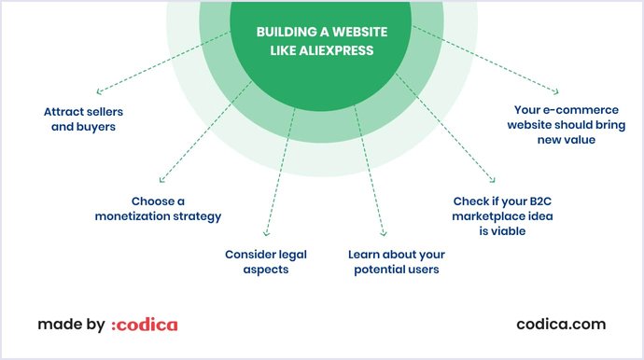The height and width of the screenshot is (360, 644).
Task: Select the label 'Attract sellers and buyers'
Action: (x=83, y=118)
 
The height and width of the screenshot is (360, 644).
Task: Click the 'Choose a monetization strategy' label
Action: (x=158, y=208)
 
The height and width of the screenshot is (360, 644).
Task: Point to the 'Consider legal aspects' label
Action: (x=266, y=261)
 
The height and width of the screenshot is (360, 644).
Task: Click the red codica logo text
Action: (x=147, y=325)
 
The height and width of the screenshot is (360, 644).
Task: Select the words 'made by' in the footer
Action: (x=71, y=325)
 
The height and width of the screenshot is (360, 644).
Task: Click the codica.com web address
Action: (x=561, y=325)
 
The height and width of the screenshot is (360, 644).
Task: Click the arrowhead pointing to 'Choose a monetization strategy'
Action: (x=161, y=180)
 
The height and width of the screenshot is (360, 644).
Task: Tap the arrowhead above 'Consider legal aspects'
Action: (x=267, y=233)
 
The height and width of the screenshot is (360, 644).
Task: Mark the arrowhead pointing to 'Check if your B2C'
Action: (x=492, y=182)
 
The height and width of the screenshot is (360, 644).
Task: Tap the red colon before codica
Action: (x=114, y=325)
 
